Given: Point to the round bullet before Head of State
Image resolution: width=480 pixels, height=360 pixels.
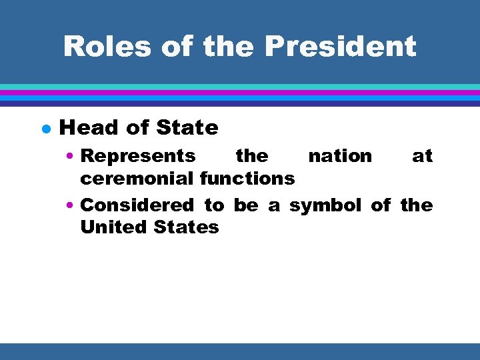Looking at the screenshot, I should [43, 128].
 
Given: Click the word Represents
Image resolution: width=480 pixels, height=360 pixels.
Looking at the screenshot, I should [138, 156].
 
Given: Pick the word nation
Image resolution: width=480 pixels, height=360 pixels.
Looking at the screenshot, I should [340, 156].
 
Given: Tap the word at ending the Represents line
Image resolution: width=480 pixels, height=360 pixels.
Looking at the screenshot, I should [422, 156].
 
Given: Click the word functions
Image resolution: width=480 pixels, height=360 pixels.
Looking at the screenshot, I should [247, 178].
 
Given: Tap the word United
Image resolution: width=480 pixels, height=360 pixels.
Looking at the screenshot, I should [114, 227].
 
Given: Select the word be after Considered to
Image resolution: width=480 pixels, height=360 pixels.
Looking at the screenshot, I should [245, 205].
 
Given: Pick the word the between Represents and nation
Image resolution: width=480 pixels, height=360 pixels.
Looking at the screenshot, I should [252, 156].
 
